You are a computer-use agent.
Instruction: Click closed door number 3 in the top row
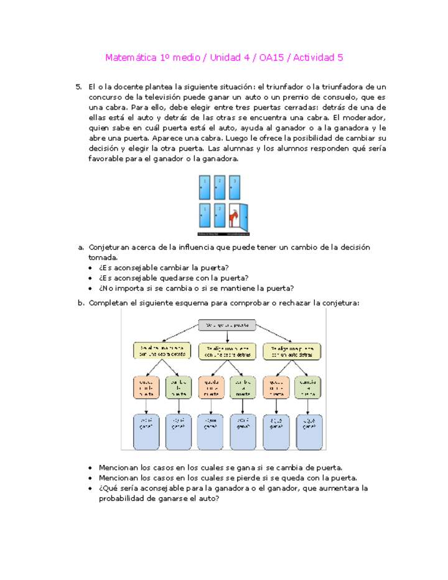point(234,187)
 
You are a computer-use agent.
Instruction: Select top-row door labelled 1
point(205,187)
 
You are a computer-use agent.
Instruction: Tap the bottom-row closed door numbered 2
point(219,216)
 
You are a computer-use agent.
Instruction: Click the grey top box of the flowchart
point(227,324)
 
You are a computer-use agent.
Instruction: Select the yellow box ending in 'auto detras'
point(291,350)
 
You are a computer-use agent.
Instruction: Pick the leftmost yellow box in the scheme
point(162,350)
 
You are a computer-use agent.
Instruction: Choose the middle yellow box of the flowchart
point(226,350)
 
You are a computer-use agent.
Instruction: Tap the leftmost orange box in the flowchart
point(146,386)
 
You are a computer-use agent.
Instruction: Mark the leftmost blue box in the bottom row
point(146,431)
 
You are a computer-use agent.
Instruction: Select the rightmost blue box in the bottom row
point(309,431)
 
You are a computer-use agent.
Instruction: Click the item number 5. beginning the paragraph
point(78,87)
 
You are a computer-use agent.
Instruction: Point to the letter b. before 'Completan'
point(80,303)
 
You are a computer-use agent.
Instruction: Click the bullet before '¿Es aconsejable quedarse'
point(91,278)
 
